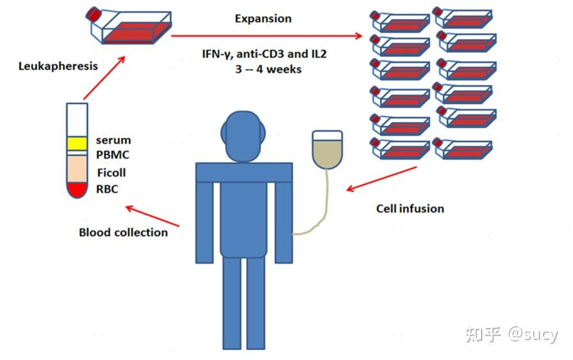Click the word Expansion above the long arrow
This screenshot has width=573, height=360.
(x=263, y=19)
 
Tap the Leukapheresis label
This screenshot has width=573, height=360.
(x=58, y=66)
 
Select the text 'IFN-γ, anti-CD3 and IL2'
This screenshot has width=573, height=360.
(x=264, y=54)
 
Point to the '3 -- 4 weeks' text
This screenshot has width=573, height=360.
(x=268, y=69)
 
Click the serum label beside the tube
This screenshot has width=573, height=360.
(x=113, y=140)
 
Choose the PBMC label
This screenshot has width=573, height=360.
(x=112, y=155)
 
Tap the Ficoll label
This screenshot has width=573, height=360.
(x=111, y=172)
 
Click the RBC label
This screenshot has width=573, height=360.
(x=107, y=189)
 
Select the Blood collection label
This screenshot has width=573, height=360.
(x=123, y=232)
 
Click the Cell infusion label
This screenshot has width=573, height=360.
(x=410, y=209)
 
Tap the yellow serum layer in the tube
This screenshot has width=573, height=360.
(x=77, y=144)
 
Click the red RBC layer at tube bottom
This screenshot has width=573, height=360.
(x=77, y=190)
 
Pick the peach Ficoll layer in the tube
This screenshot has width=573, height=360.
(x=77, y=169)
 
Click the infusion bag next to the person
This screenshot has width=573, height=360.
(x=328, y=150)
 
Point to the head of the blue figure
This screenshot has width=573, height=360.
(x=243, y=136)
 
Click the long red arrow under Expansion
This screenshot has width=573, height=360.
(x=266, y=36)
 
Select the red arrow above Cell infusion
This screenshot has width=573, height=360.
(x=381, y=179)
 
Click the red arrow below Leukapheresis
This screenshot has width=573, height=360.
(x=105, y=77)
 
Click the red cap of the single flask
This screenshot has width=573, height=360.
(x=93, y=14)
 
